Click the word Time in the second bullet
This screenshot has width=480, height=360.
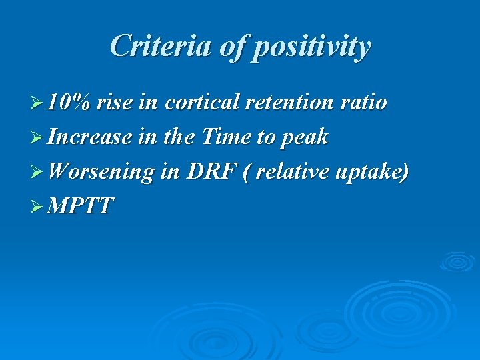(x=223, y=137)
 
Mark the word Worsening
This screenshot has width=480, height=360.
(x=101, y=172)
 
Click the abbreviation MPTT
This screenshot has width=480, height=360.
(x=81, y=207)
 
